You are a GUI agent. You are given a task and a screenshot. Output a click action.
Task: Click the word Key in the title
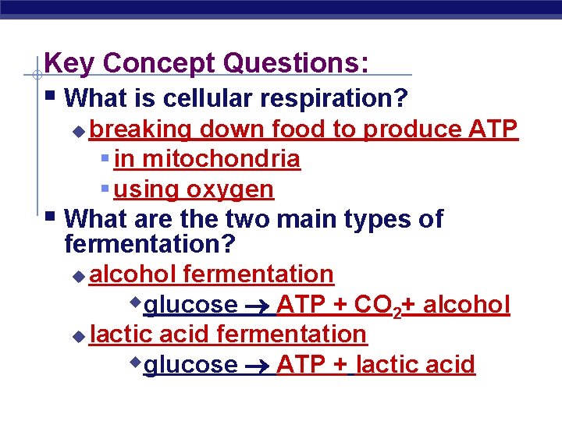[x=69, y=63]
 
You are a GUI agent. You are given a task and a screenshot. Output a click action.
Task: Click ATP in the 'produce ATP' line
[x=495, y=129]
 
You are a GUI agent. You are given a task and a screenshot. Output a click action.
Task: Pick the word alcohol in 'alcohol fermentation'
[x=133, y=274]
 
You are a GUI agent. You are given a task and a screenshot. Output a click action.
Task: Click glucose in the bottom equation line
[x=191, y=365]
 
